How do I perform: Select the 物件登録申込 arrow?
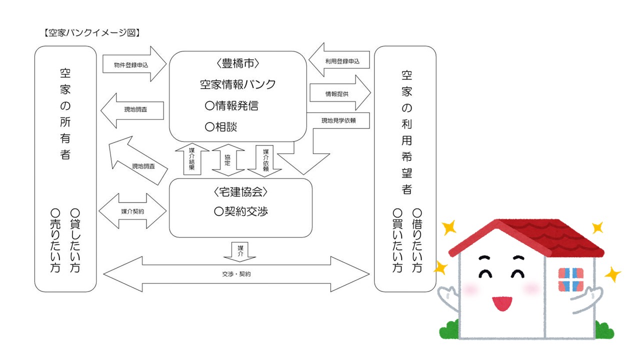(133, 64)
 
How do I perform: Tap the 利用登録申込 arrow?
(340, 61)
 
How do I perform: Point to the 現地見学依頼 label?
(338, 120)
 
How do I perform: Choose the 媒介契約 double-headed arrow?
(132, 211)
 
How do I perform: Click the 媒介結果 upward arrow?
(192, 158)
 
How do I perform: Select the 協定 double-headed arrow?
(228, 159)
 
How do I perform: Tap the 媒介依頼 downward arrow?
(265, 159)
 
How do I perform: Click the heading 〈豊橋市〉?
(237, 63)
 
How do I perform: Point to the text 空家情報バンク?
(237, 84)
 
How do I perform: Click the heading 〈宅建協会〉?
(240, 192)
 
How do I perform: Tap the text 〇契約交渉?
(240, 211)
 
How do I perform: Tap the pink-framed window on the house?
(570, 279)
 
